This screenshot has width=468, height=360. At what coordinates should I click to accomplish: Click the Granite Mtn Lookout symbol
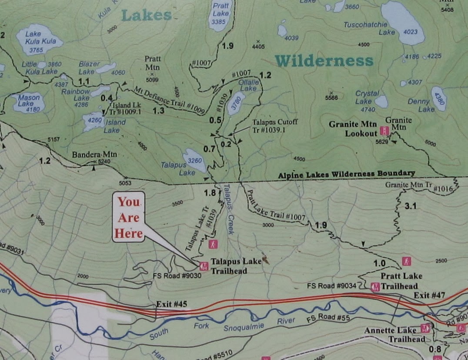(384, 130)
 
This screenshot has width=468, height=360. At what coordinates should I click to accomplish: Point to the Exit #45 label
(172, 304)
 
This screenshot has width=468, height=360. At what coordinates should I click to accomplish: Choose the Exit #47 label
(429, 296)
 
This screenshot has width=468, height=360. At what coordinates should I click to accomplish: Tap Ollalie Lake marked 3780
(237, 103)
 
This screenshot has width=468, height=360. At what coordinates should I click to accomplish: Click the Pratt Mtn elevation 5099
(152, 80)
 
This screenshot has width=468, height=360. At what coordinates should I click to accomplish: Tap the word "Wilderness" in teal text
(324, 61)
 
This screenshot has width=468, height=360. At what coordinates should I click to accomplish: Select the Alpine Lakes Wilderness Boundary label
(346, 174)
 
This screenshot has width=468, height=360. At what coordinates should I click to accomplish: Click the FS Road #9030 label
(177, 275)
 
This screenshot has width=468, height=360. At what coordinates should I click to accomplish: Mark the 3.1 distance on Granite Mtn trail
(411, 206)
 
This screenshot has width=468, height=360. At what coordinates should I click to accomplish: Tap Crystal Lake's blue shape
(381, 101)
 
